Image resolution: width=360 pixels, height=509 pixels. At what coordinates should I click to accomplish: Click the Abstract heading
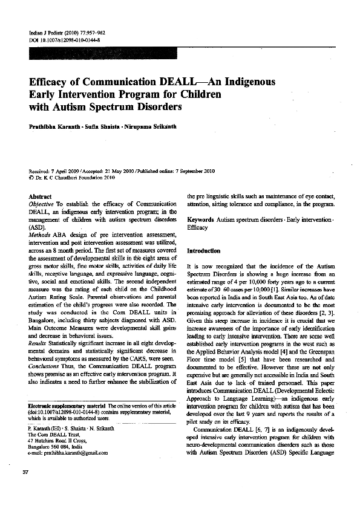pyautogui.click(x=40, y=197)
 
